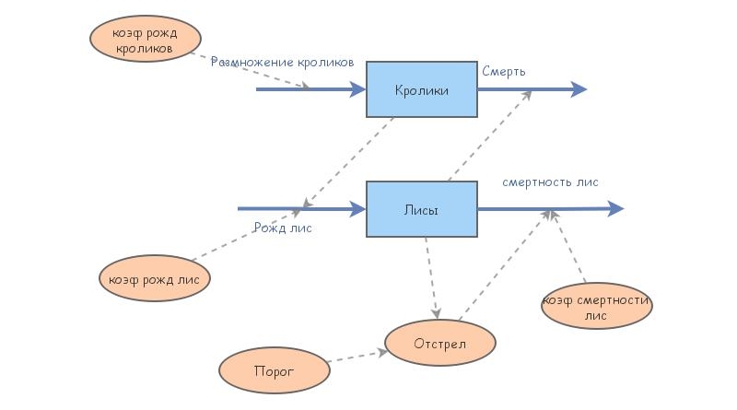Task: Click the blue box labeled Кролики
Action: coord(421,89)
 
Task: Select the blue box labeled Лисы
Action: coord(421,209)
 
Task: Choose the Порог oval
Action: coord(275,371)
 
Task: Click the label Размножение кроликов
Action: coord(282,63)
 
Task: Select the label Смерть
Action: coord(504,70)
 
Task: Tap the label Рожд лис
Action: coord(282,228)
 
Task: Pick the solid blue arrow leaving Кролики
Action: coord(532,89)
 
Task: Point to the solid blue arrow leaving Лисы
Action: coord(550,209)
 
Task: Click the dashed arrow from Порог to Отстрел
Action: coord(356,357)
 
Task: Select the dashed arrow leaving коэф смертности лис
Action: coord(568,246)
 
